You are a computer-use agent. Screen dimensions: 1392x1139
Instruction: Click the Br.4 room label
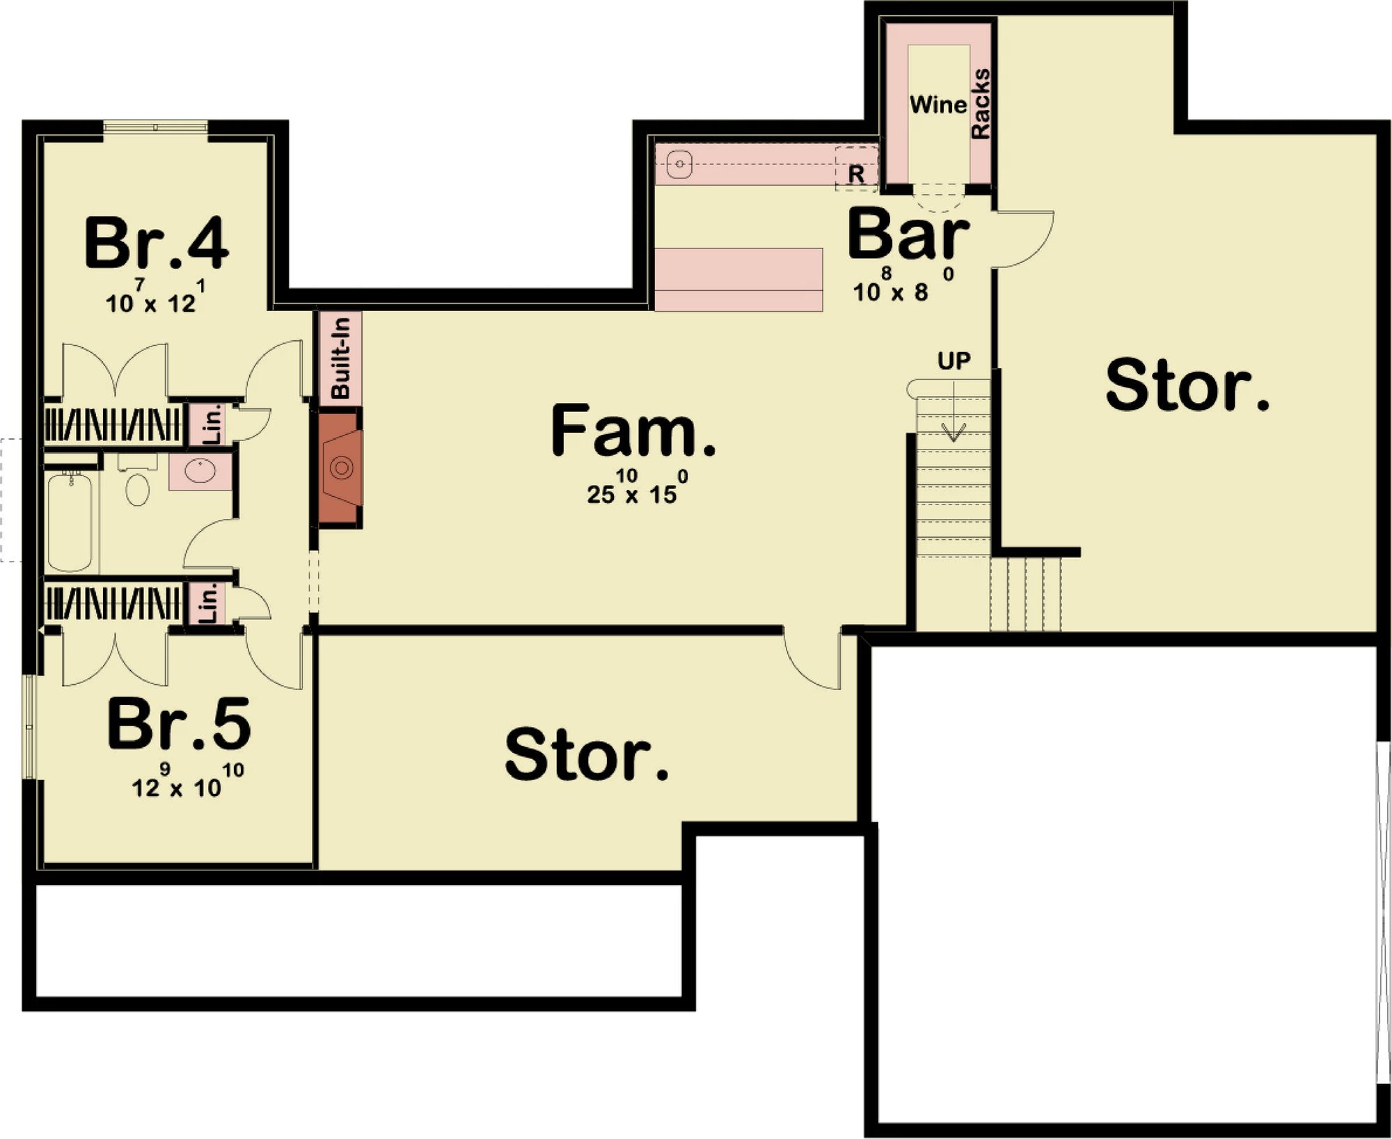pos(156,243)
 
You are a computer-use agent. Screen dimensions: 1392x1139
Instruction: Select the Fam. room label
pos(633,431)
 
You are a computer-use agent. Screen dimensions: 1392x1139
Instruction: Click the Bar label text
pos(908,234)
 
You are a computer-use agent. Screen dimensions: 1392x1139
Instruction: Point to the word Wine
pos(938,104)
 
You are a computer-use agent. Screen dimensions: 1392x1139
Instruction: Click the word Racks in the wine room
pos(980,104)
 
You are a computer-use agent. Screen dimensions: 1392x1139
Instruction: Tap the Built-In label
pos(340,358)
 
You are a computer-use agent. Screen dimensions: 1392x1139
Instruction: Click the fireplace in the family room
pos(340,468)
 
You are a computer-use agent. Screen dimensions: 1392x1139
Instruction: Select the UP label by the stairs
pos(954,361)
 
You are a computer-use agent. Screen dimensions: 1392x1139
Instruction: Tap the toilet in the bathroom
pos(137,481)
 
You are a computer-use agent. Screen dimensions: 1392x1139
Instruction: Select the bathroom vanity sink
pos(200,471)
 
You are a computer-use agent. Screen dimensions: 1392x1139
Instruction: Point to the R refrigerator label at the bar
pos(856,174)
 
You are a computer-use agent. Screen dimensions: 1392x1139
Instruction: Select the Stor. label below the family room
pos(587,755)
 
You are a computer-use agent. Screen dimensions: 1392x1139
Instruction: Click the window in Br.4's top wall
pos(156,127)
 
